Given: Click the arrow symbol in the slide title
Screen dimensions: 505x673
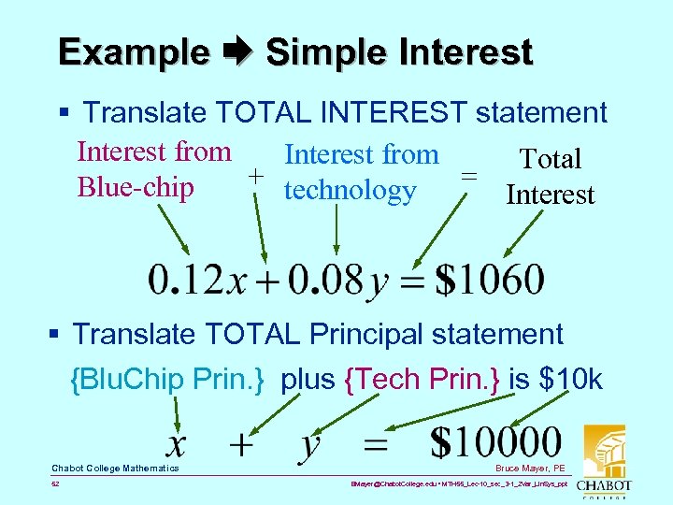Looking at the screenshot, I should coord(237,52).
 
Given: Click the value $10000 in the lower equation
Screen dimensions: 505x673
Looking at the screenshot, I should coord(496,442).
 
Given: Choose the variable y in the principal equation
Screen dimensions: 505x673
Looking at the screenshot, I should coord(310,446).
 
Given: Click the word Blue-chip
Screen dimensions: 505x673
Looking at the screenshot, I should coord(136,187).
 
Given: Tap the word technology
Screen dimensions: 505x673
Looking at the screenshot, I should coord(350,190).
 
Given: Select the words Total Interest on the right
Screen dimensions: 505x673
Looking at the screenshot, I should coord(551,177).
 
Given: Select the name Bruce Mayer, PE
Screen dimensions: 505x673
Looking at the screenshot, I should coord(532,468).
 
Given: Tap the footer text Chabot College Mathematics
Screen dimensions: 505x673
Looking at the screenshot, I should coord(115,468).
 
